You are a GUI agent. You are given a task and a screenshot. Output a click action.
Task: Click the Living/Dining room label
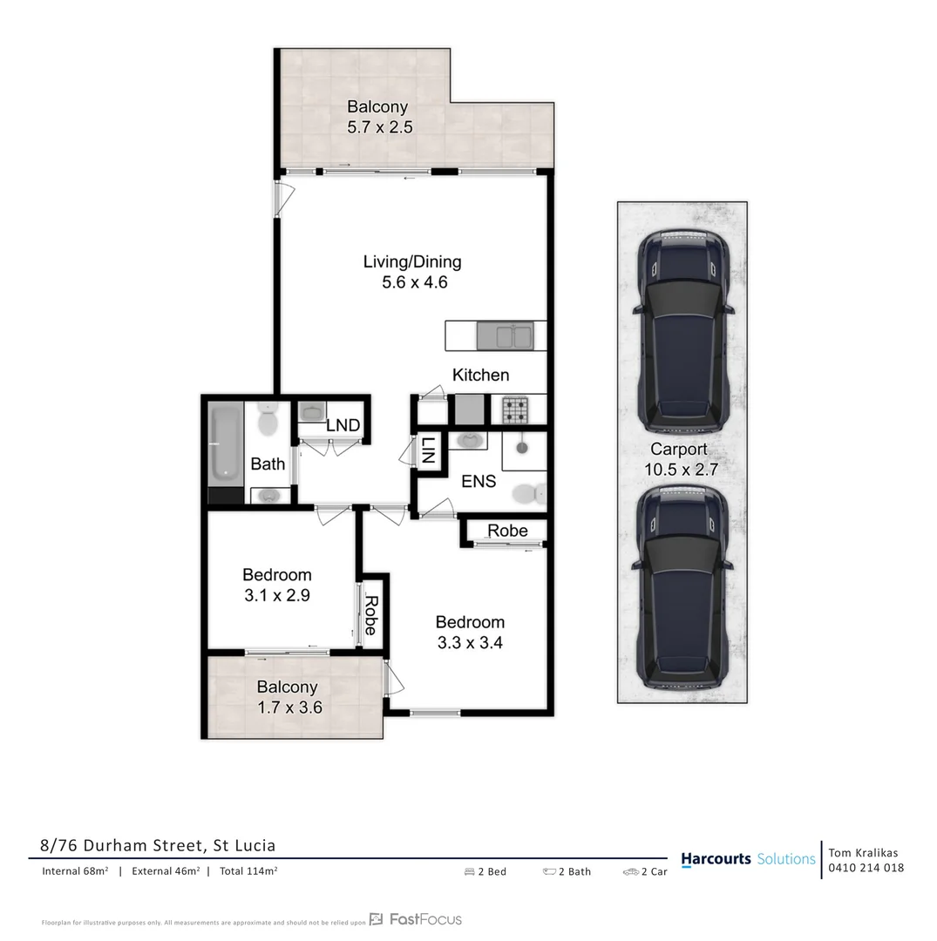point(412,261)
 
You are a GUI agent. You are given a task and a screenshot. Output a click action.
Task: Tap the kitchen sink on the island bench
point(505,335)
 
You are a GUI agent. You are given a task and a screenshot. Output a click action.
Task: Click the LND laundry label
point(343,425)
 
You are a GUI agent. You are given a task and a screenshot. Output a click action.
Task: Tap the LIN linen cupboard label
point(428,450)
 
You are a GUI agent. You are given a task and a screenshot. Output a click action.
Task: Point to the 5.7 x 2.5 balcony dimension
point(379,126)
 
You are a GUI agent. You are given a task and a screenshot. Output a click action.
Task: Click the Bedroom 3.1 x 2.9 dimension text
point(276,596)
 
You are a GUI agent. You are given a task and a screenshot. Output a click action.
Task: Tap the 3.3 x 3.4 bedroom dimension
point(470,644)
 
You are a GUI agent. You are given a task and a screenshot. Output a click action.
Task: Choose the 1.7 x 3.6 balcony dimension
point(289,707)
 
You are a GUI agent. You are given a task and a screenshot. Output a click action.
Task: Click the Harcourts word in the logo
point(716,859)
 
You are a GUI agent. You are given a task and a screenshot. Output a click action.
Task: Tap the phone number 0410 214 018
point(866,868)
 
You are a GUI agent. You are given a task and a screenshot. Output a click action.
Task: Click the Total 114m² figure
point(248,870)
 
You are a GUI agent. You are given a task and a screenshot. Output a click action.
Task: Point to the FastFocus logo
point(416,919)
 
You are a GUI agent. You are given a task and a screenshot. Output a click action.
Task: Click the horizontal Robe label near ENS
point(507,531)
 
